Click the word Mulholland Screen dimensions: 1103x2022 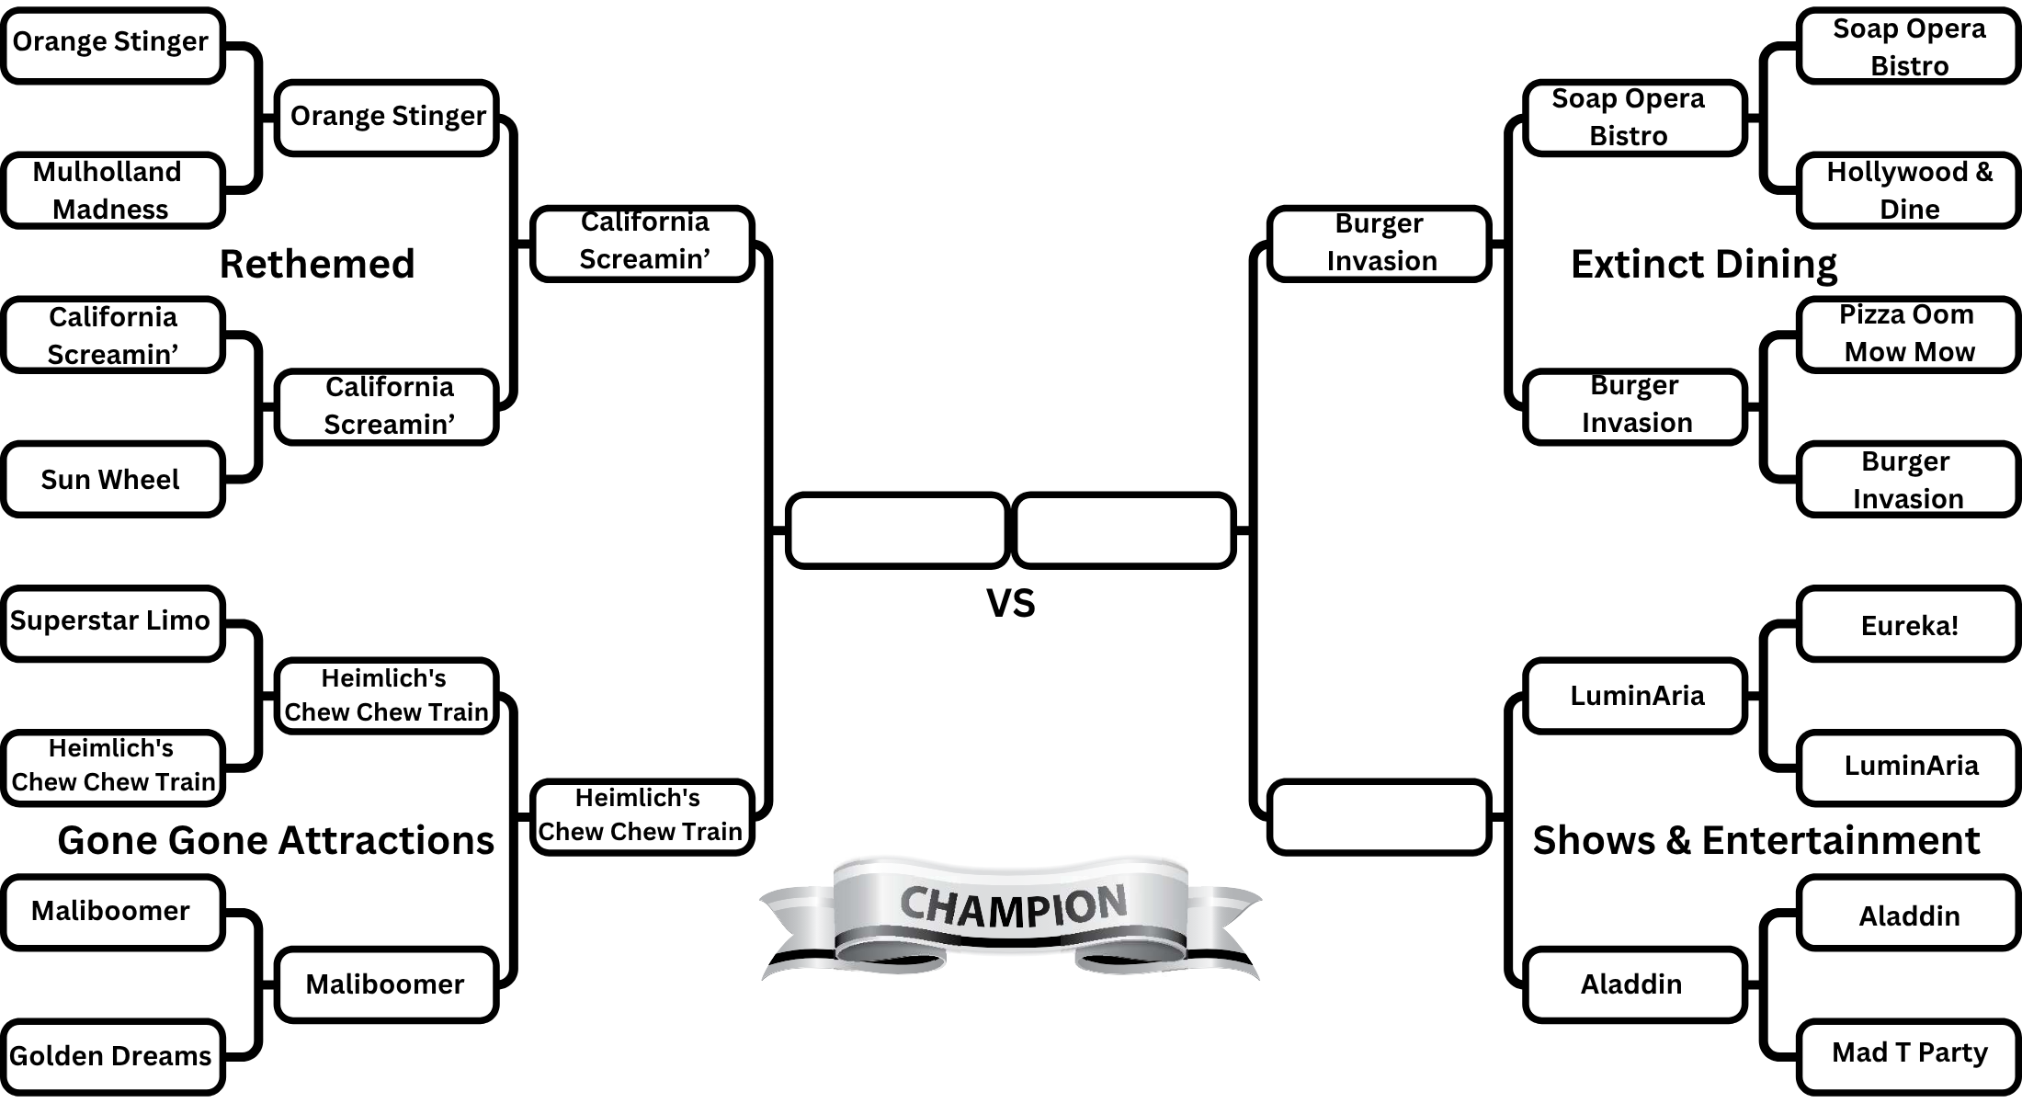click(107, 172)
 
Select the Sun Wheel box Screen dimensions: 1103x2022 click(112, 479)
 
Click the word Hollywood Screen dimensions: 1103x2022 click(1896, 172)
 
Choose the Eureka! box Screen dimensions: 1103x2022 click(1908, 625)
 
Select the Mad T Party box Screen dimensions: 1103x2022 click(1908, 1052)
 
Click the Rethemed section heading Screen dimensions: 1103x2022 click(317, 264)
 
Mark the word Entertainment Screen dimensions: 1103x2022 click(1840, 840)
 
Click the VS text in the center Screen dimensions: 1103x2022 click(1010, 604)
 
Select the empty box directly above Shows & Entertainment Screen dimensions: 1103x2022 click(1378, 816)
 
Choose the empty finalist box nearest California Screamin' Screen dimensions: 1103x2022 click(897, 530)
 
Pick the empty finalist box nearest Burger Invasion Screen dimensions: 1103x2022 click(1123, 530)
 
